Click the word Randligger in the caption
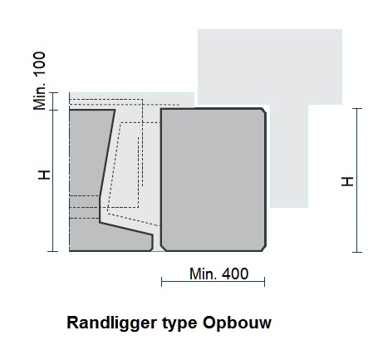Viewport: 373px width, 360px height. [112, 323]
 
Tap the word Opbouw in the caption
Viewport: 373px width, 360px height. [237, 323]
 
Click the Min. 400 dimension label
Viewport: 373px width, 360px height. [218, 274]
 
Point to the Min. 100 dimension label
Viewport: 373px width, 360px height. [39, 81]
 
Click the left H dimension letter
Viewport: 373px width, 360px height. [44, 175]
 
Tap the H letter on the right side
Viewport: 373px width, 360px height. [347, 181]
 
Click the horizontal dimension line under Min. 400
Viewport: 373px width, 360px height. [213, 282]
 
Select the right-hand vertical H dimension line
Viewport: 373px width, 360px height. [357, 180]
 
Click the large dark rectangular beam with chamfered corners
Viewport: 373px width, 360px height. [213, 180]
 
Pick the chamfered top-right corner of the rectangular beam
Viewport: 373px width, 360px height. [264, 111]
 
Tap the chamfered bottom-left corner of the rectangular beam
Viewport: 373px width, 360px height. [163, 249]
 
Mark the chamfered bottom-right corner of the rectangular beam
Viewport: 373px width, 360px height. [264, 249]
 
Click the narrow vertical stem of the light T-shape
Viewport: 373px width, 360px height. [289, 156]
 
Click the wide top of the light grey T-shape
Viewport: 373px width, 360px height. [270, 67]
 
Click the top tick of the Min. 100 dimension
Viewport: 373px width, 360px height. [53, 92]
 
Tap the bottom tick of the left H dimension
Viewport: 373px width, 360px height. [53, 251]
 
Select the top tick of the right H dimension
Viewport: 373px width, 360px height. [357, 108]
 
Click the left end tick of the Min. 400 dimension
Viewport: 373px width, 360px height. [162, 282]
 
